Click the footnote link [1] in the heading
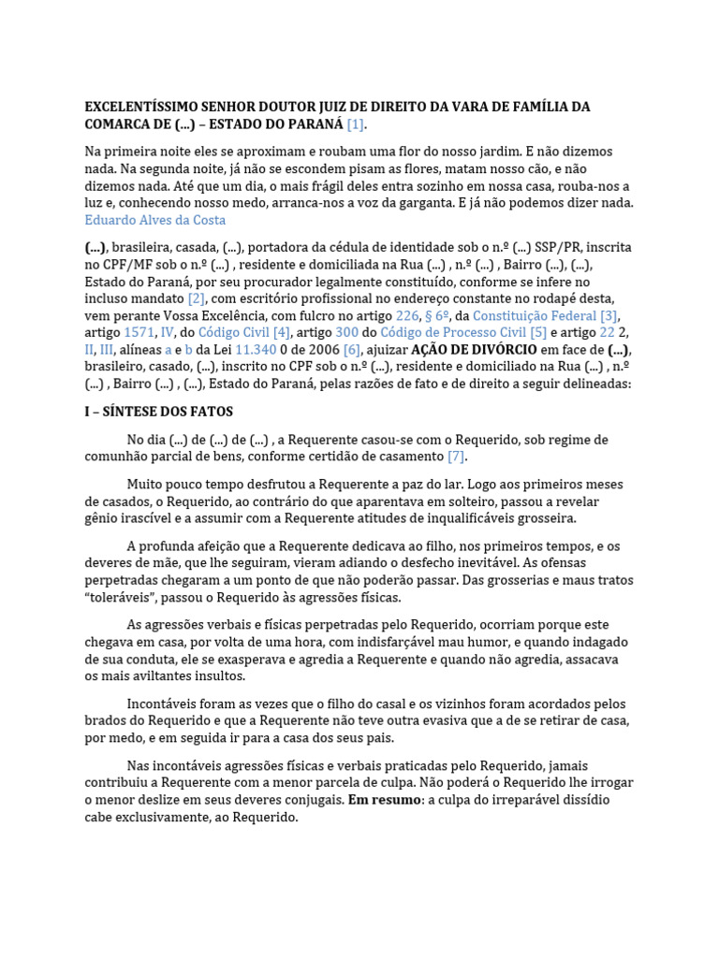(x=355, y=124)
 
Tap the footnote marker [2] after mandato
(x=196, y=298)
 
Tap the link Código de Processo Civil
(x=452, y=332)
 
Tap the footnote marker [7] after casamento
(x=456, y=457)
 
